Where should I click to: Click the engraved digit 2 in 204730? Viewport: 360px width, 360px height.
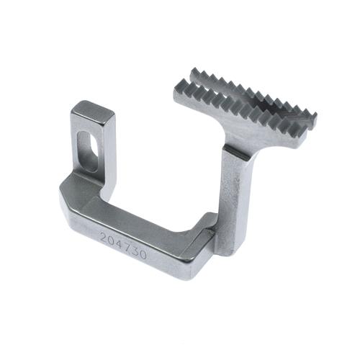104,238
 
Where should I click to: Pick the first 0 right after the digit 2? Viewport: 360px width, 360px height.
112,240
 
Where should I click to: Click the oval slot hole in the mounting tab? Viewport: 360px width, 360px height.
87,150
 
